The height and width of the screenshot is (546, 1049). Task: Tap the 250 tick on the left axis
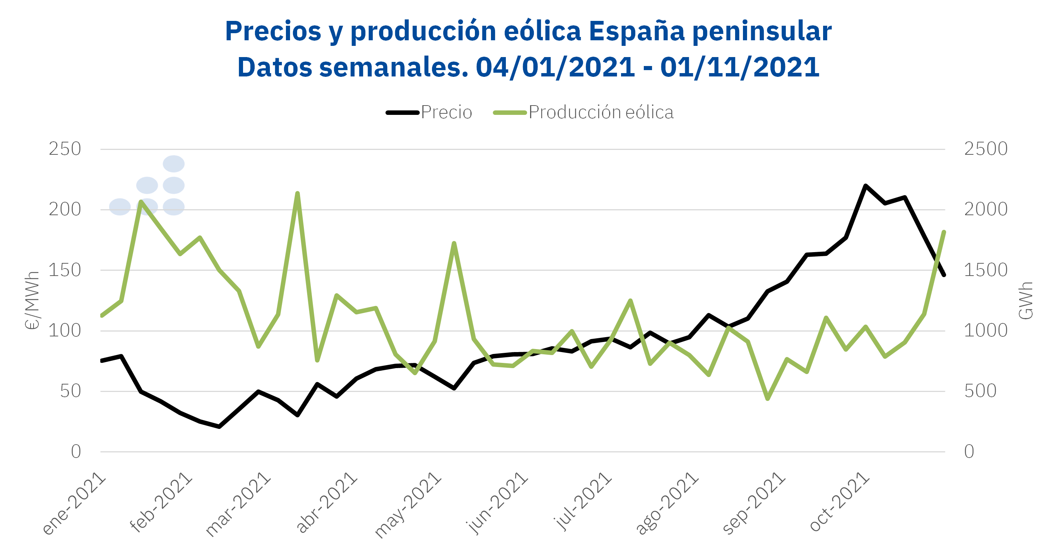click(65, 149)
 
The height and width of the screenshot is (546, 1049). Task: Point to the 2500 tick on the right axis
click(986, 149)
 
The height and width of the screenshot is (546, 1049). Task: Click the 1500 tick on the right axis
click(986, 270)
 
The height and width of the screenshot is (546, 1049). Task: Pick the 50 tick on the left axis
click(70, 391)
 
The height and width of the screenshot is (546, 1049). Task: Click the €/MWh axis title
click(32, 300)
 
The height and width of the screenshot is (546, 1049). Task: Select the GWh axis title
click(1026, 300)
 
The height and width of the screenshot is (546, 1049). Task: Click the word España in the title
click(636, 31)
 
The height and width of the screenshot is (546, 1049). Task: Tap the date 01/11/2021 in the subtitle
click(740, 67)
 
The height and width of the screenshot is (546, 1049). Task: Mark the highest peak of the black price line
click(865, 186)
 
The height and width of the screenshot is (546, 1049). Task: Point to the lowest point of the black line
click(220, 427)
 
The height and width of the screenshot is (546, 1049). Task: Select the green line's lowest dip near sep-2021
click(768, 399)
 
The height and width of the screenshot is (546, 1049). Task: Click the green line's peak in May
click(454, 243)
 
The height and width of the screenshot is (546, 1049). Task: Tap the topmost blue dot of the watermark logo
click(173, 164)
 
